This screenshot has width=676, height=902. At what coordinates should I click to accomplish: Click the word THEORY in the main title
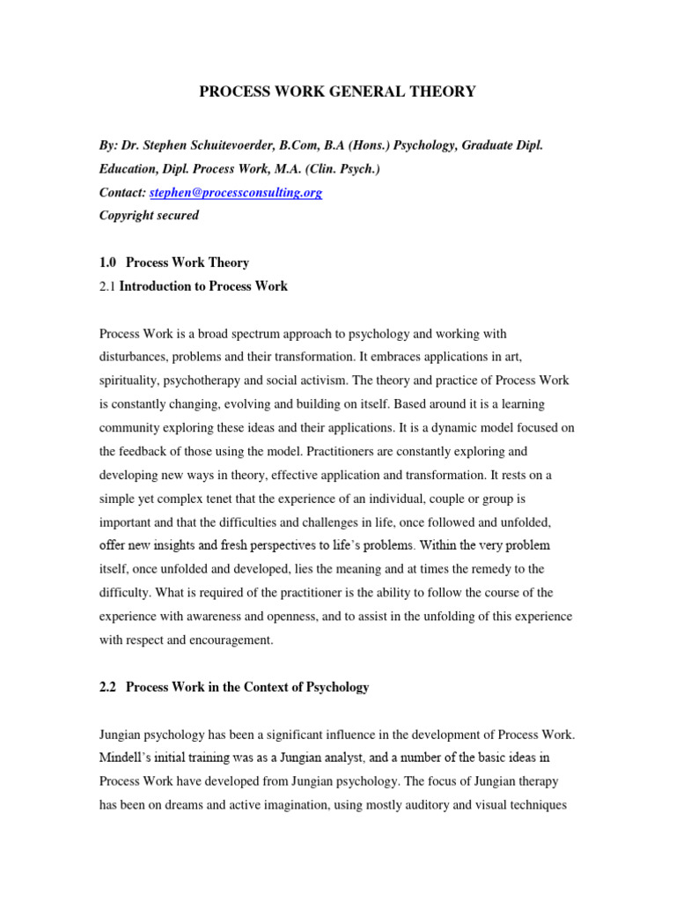pos(438,92)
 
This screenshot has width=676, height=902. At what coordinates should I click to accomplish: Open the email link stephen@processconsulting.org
pos(236,192)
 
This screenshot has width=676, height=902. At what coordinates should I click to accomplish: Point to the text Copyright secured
pos(150,215)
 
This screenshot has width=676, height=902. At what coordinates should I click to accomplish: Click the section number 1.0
pos(109,262)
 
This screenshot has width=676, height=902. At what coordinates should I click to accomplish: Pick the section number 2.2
pos(109,687)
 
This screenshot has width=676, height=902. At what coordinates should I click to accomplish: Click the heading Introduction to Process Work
pos(203,285)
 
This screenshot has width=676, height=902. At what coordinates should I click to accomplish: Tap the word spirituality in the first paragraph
pos(129,381)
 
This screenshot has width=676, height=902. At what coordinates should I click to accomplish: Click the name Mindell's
pos(126,758)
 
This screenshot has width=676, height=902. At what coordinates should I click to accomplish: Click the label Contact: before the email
pos(122,192)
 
